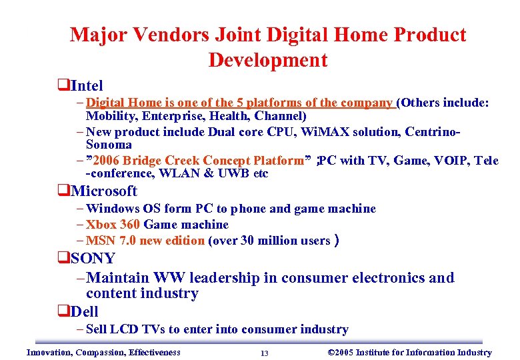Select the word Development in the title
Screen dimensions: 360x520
(268, 60)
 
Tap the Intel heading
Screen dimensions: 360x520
(87, 85)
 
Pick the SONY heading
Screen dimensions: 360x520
(93, 258)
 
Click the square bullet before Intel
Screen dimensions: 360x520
(62, 85)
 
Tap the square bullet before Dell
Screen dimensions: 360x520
(62, 311)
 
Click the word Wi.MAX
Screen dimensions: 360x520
(321, 131)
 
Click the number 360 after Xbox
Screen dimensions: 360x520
(130, 225)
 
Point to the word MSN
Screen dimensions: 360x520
(101, 241)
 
